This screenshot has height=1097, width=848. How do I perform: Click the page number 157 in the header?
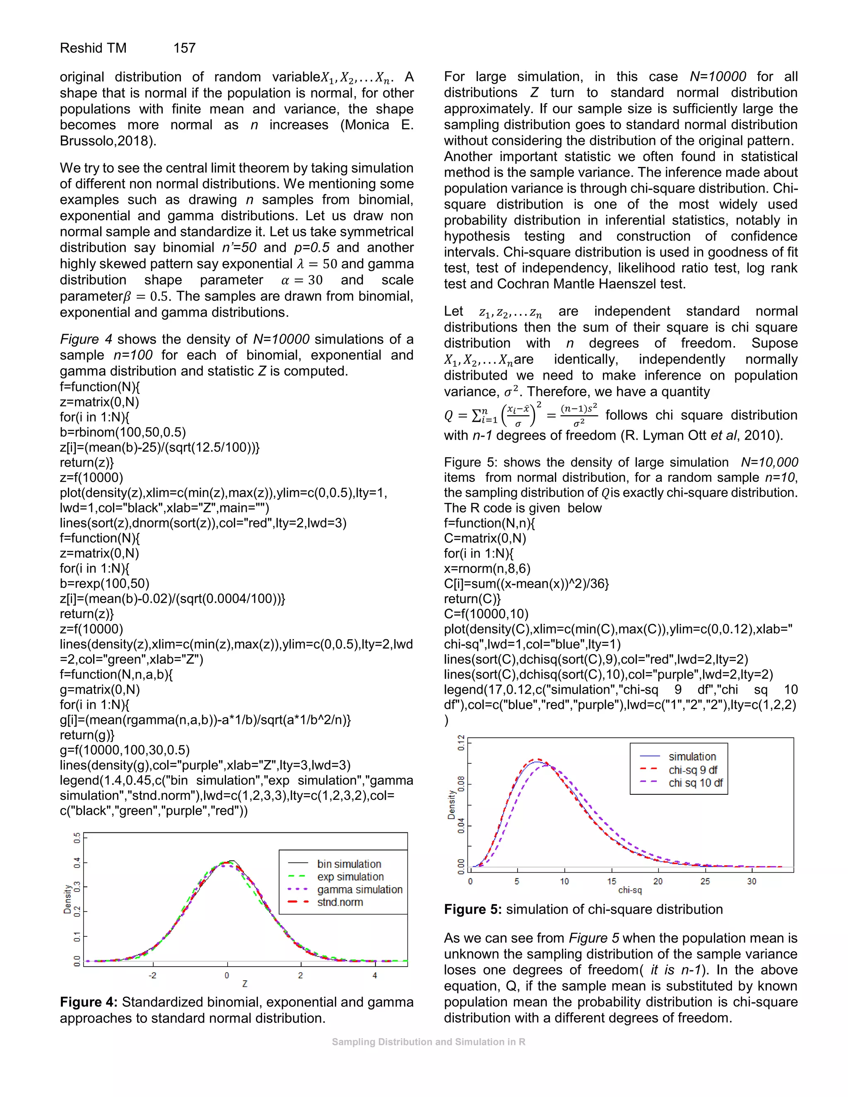[x=184, y=48]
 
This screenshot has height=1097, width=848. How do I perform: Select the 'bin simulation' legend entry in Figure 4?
[x=349, y=864]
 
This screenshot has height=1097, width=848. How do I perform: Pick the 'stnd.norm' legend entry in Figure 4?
[x=340, y=902]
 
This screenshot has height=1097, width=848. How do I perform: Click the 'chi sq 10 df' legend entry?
[x=695, y=782]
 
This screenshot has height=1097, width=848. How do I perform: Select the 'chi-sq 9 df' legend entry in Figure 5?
[x=693, y=770]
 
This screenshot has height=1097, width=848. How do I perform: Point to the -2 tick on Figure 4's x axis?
[x=152, y=975]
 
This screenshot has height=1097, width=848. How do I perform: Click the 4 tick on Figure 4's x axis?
[x=375, y=975]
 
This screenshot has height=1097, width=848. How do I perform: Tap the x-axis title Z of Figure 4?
[x=245, y=984]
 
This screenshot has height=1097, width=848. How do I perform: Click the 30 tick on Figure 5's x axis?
[x=752, y=881]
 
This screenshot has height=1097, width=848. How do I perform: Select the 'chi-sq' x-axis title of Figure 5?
[x=629, y=890]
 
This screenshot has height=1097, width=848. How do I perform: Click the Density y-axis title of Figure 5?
[x=451, y=805]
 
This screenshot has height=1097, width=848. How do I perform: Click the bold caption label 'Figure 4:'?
[x=89, y=1003]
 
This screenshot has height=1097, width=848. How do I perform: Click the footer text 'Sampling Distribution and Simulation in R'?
[x=429, y=1042]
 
